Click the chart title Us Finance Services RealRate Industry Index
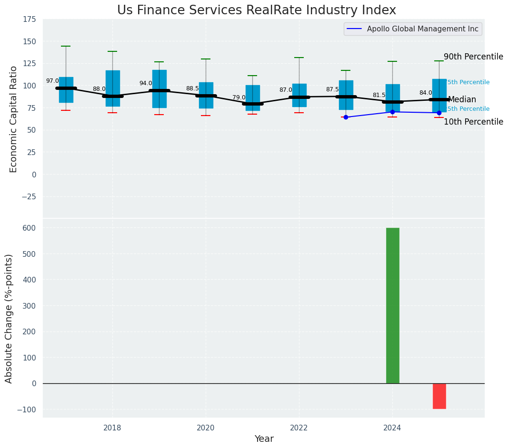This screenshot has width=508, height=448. point(256,10)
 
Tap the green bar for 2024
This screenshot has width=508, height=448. point(392,305)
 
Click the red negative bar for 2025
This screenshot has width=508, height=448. point(439,396)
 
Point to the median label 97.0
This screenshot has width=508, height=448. point(52,81)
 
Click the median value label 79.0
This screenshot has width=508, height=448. point(239,97)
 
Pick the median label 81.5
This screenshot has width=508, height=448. point(379,95)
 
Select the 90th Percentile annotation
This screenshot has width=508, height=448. point(473,57)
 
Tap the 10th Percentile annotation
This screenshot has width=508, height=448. point(473,122)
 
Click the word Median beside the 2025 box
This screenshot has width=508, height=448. point(462,100)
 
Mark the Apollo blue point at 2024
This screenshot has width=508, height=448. point(392,112)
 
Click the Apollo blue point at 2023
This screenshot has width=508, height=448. point(346,117)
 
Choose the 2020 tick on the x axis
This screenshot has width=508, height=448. point(206,428)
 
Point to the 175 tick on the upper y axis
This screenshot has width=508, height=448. point(30,19)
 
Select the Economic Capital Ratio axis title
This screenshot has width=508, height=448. point(14,119)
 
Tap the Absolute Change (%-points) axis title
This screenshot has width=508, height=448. point(9,318)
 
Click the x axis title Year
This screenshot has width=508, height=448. point(264,439)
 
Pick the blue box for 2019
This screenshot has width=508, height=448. point(159,89)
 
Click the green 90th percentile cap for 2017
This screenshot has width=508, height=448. point(66,46)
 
